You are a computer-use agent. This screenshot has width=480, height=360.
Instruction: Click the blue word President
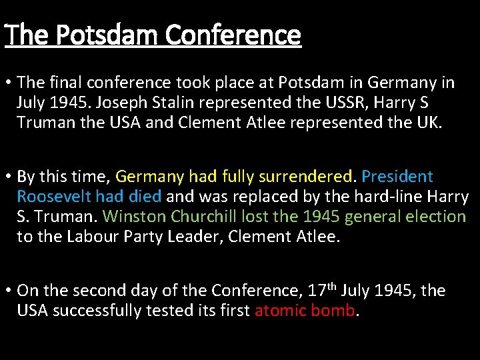point(397,177)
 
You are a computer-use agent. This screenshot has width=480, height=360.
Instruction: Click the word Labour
point(90,237)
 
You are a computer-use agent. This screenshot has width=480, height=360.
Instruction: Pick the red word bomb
point(335,310)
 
